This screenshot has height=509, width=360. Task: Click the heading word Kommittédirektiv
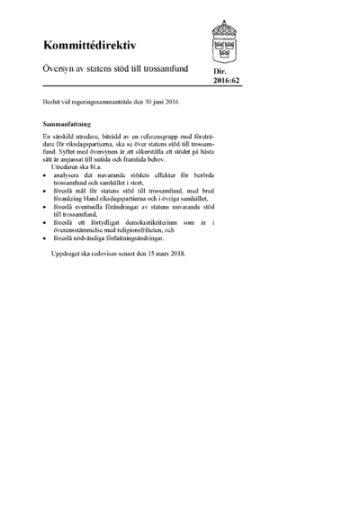(x=84, y=44)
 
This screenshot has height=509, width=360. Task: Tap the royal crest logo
(x=225, y=39)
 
